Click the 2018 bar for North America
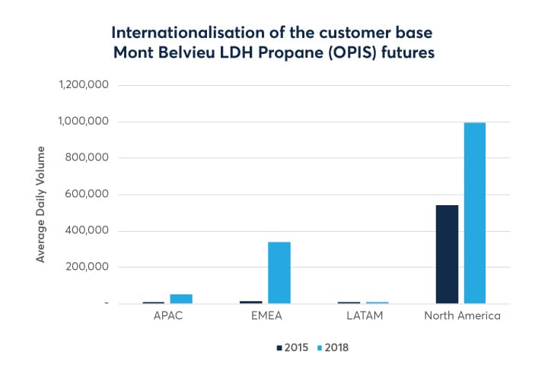(474, 213)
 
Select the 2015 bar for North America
(447, 254)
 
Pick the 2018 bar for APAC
(181, 299)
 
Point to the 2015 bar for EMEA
(251, 302)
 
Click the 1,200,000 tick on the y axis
(84, 85)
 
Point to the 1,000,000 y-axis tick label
(84, 122)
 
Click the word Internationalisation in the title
(186, 33)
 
